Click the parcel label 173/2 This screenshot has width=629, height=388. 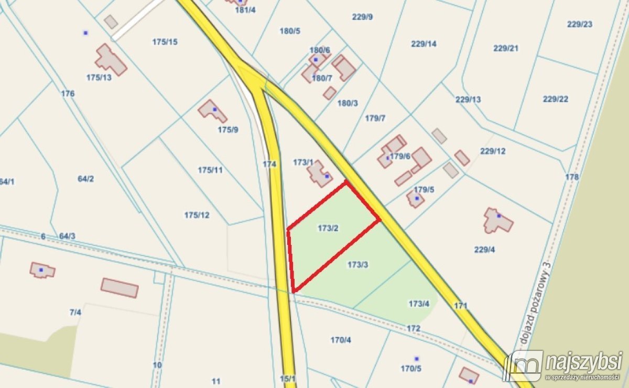click(x=328, y=228)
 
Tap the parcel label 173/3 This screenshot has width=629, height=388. click(x=358, y=265)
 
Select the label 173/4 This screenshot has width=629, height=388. click(x=419, y=303)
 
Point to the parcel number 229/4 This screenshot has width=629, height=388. click(x=484, y=250)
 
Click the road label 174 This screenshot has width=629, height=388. click(x=269, y=164)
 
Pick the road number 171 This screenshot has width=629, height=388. click(x=460, y=305)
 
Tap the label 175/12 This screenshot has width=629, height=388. click(x=197, y=215)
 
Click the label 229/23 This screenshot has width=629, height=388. click(x=580, y=24)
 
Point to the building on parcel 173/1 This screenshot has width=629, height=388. click(x=319, y=174)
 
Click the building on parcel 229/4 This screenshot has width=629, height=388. click(x=497, y=221)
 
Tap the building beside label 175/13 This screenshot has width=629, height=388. click(x=111, y=60)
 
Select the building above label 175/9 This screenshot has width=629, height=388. click(x=212, y=111)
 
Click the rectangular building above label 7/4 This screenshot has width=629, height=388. click(x=120, y=288)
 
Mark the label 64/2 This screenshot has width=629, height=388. click(x=86, y=179)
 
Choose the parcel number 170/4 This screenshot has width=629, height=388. click(x=341, y=340)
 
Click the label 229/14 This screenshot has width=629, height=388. click(x=424, y=44)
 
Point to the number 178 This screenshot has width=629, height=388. click(x=572, y=177)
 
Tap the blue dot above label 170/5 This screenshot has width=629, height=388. click(x=417, y=359)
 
